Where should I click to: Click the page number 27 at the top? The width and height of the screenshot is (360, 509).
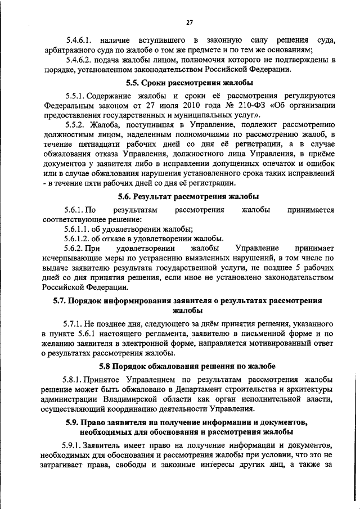point(190,22)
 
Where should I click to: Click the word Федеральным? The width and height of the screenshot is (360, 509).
point(70,106)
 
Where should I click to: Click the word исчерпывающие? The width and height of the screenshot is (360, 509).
point(71,259)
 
